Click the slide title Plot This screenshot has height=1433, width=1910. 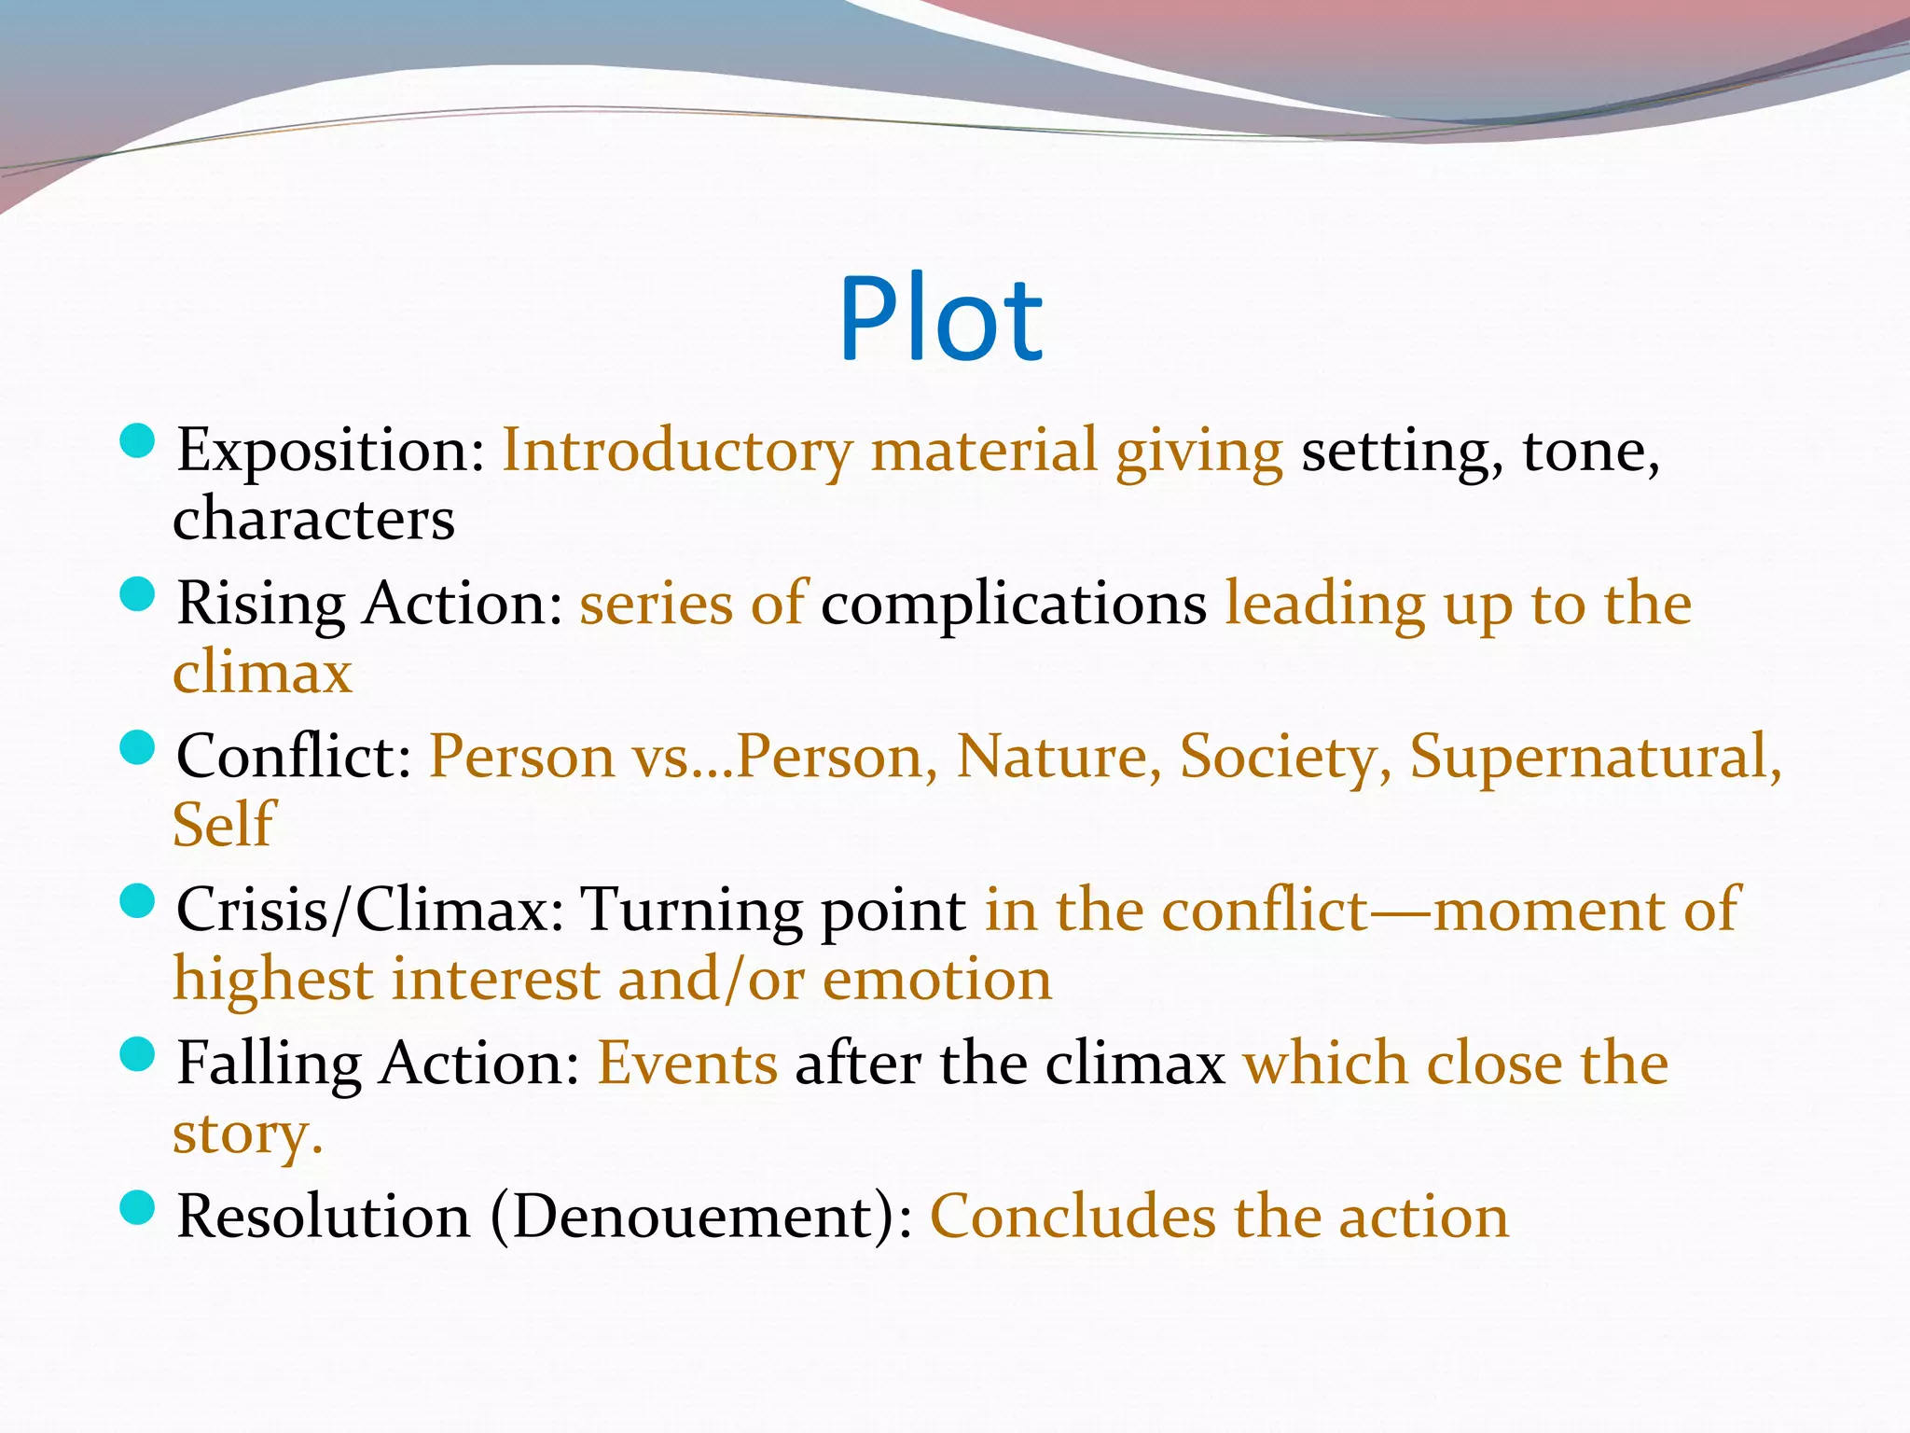[x=940, y=319]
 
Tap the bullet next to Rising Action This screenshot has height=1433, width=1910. [x=137, y=595]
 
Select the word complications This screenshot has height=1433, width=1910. [x=1014, y=605]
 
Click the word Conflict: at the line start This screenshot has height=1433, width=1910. [x=294, y=756]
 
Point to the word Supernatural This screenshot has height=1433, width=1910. [x=1595, y=756]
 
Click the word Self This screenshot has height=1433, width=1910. [x=224, y=825]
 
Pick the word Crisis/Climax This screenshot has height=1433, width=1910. [x=370, y=910]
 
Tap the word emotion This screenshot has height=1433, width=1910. [x=936, y=980]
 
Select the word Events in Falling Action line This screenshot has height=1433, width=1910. [x=687, y=1064]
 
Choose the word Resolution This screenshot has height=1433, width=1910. [x=324, y=1217]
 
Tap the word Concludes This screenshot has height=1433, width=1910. [x=1073, y=1217]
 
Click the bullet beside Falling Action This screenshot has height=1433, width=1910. [x=137, y=1055]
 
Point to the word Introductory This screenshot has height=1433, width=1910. [x=677, y=452]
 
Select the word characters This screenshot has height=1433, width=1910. [x=313, y=519]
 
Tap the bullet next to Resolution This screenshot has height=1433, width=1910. [x=137, y=1208]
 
